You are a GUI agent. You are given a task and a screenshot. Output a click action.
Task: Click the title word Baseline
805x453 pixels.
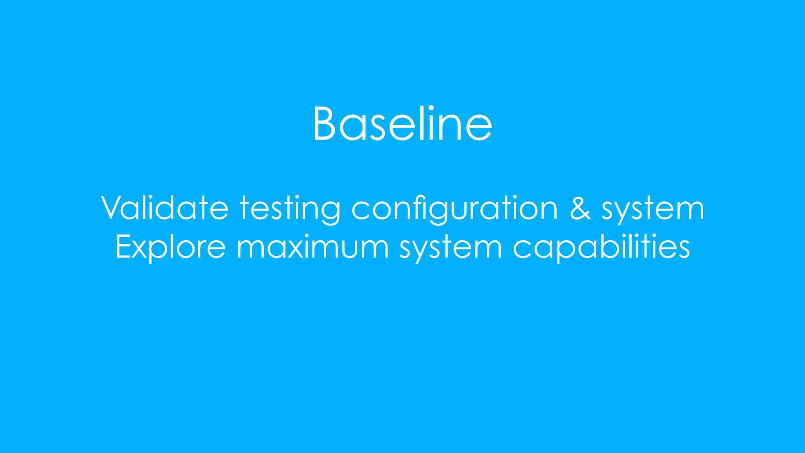402,124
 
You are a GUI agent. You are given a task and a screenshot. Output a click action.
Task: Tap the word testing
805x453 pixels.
290,208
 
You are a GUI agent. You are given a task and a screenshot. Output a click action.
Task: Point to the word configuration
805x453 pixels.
454,208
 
